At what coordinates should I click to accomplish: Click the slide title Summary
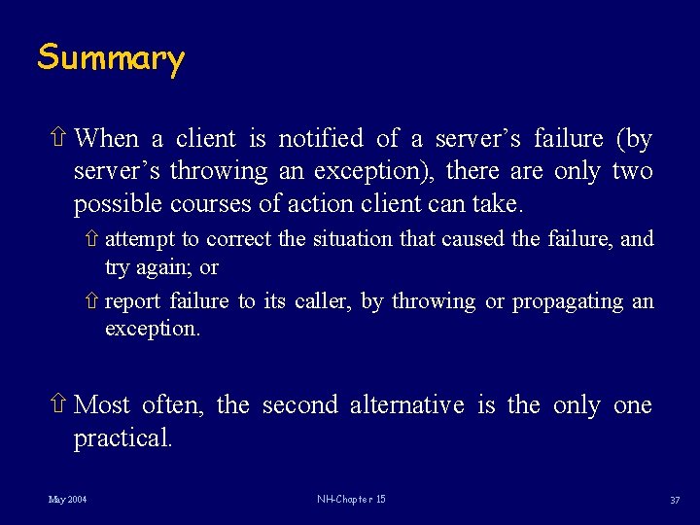(x=110, y=58)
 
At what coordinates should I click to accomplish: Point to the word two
(x=632, y=172)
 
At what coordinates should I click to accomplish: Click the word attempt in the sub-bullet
(x=139, y=239)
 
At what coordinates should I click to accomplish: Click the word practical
(x=123, y=438)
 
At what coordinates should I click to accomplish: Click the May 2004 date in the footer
(x=67, y=500)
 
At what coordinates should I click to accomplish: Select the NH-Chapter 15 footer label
(x=351, y=500)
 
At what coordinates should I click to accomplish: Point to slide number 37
(x=674, y=501)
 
